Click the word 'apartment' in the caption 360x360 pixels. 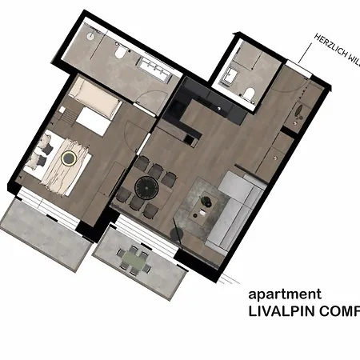(x=285, y=295)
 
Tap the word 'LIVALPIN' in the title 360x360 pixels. (x=282, y=313)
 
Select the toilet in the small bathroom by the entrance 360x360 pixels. (x=248, y=96)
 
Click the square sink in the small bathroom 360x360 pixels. (x=230, y=77)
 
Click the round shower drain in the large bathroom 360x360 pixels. (x=91, y=36)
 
